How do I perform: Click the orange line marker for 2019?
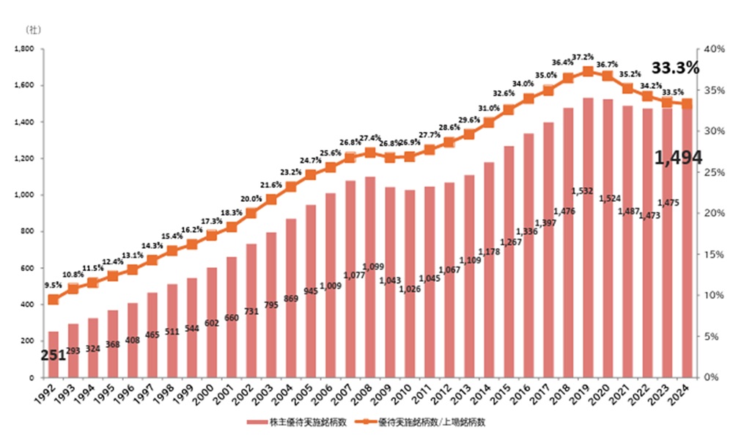click(588, 71)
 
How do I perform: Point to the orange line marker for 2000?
click(212, 235)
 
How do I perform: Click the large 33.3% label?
click(675, 68)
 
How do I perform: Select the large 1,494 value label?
click(677, 157)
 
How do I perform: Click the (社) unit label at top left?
click(33, 29)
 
